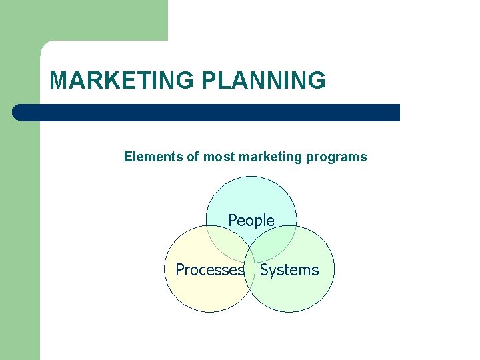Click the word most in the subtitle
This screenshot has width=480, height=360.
click(218, 157)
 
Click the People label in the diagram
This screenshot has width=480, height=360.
click(251, 220)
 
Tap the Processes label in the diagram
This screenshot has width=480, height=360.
click(209, 270)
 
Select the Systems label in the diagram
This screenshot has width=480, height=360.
click(289, 270)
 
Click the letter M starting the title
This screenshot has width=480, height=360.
click(58, 81)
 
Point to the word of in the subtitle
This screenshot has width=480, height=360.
click(193, 157)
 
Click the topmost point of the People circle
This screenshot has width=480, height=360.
click(251, 176)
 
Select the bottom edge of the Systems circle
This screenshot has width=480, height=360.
click(289, 312)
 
